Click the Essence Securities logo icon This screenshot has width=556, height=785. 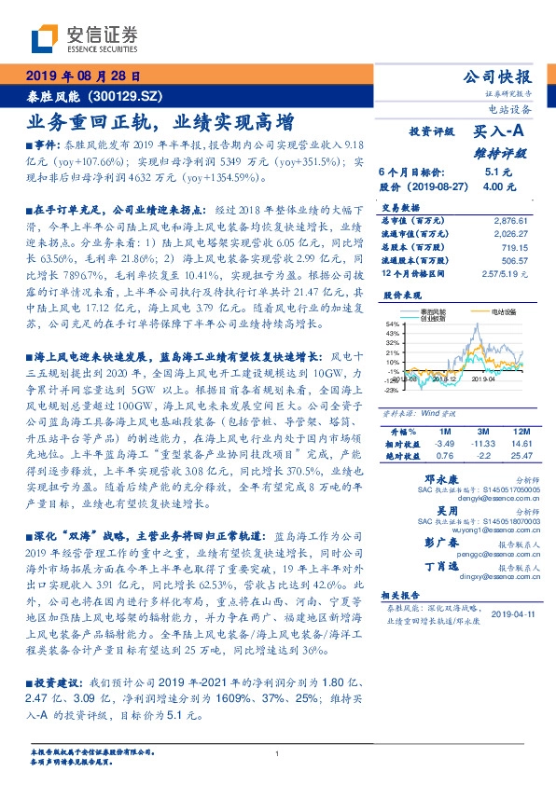click(x=43, y=39)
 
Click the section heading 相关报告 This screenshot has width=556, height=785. click(x=396, y=593)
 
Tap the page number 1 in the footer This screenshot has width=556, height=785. click(x=277, y=753)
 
